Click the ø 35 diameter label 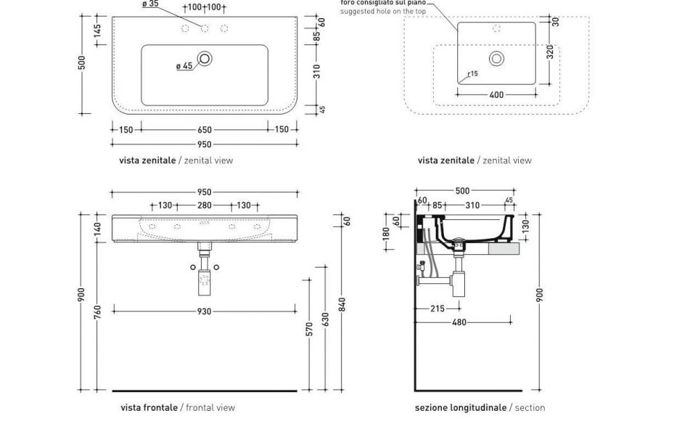click(150, 4)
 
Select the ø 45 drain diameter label click(184, 66)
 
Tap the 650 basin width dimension click(205, 130)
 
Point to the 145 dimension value click(97, 31)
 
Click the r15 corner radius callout click(472, 73)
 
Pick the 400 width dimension click(496, 95)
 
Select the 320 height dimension click(551, 53)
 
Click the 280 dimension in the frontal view click(205, 205)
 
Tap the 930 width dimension click(205, 311)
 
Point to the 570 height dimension click(310, 329)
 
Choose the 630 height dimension click(326, 319)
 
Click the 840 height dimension click(342, 303)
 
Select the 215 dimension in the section click(437, 309)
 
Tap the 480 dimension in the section click(459, 322)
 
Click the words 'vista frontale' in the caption click(149, 408)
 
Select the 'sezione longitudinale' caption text click(461, 408)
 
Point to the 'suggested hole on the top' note click(383, 12)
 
